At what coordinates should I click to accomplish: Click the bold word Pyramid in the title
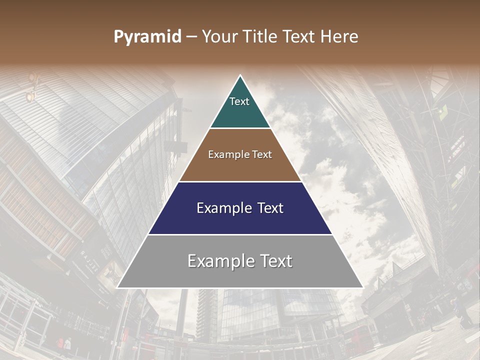point(147,37)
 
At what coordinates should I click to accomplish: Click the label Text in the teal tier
point(239,101)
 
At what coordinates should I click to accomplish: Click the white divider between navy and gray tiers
point(240,234)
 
